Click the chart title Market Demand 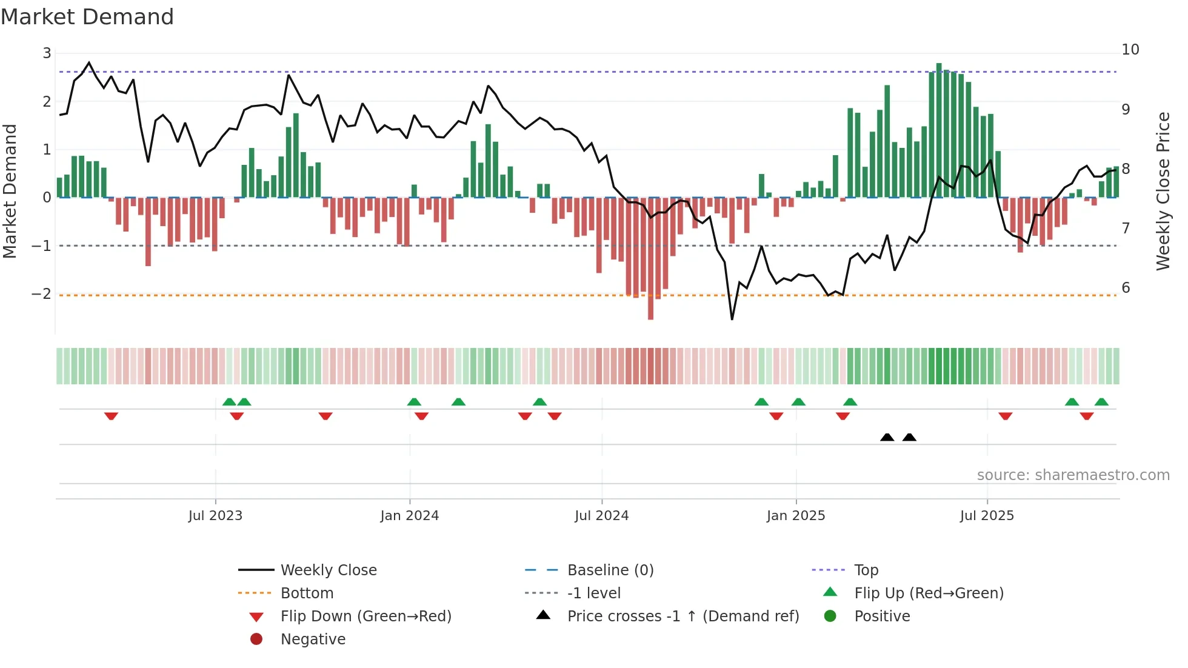click(87, 16)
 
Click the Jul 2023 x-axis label click(215, 516)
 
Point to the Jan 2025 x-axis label click(795, 516)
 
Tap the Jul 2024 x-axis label click(601, 516)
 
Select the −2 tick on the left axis click(41, 294)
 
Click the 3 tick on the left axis click(47, 53)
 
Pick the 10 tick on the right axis click(1130, 50)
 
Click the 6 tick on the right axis click(1126, 288)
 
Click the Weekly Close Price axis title click(1163, 191)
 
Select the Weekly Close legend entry click(328, 570)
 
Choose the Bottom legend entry click(307, 593)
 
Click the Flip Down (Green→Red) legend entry click(365, 616)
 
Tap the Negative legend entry click(313, 640)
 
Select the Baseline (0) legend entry click(610, 570)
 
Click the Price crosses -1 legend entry click(682, 616)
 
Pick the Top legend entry click(866, 570)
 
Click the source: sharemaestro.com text click(1073, 475)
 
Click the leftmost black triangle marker click(887, 437)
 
